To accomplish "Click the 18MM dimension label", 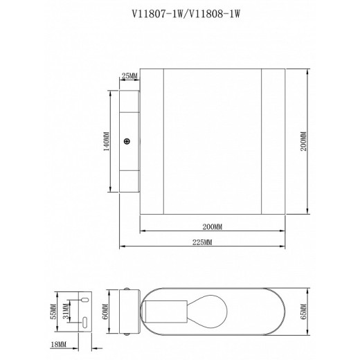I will click(60, 343).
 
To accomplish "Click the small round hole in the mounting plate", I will click(83, 299).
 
